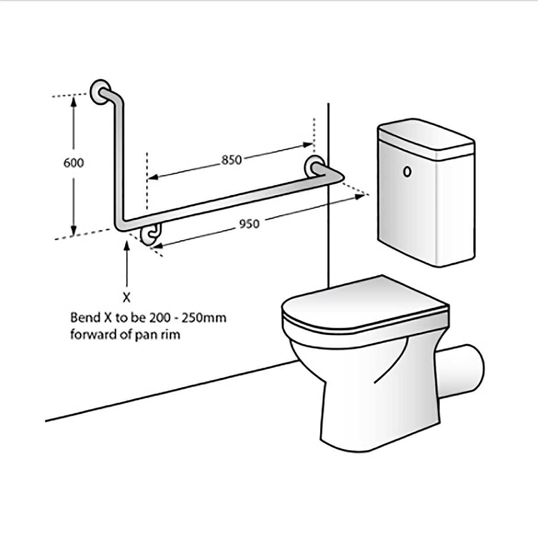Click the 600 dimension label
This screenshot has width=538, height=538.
73,163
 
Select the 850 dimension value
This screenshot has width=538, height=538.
232,160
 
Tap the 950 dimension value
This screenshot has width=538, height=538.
249,223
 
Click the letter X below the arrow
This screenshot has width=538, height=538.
127,297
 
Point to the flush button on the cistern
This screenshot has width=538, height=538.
407,172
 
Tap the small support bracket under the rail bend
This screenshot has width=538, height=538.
150,235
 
